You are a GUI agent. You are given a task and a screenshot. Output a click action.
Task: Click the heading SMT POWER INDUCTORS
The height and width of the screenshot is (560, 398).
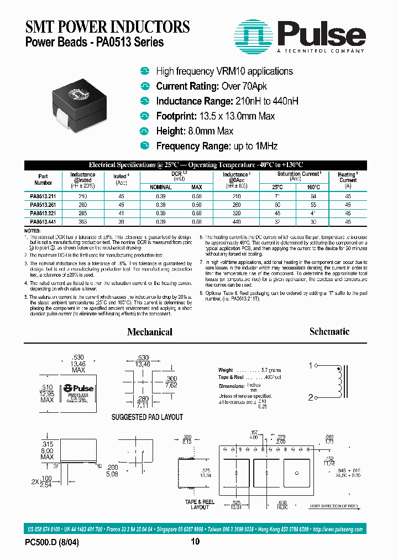click(107, 26)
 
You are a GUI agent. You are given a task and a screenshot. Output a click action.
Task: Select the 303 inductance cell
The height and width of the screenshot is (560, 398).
click(83, 221)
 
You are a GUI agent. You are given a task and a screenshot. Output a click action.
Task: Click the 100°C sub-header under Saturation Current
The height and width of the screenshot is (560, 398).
click(313, 187)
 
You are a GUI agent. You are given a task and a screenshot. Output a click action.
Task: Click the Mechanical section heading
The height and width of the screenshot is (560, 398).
click(150, 332)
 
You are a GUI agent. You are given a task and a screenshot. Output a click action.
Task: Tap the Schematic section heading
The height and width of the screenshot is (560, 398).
click(329, 331)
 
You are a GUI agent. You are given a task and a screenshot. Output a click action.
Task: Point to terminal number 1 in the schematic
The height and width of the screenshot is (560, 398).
click(311, 365)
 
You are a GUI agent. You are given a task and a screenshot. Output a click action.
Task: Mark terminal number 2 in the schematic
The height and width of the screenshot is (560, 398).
click(311, 396)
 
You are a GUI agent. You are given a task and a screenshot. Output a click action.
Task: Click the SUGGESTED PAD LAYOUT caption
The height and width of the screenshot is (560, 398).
click(147, 417)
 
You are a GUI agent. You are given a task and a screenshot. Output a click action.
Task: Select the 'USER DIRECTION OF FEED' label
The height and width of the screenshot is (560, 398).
click(334, 506)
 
